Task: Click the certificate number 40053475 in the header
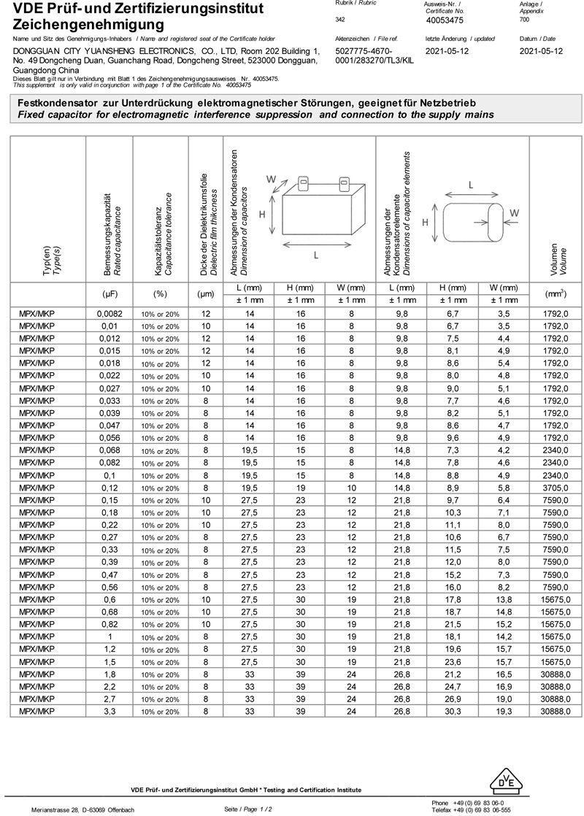click(x=445, y=21)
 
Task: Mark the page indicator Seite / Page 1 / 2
click(x=248, y=809)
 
